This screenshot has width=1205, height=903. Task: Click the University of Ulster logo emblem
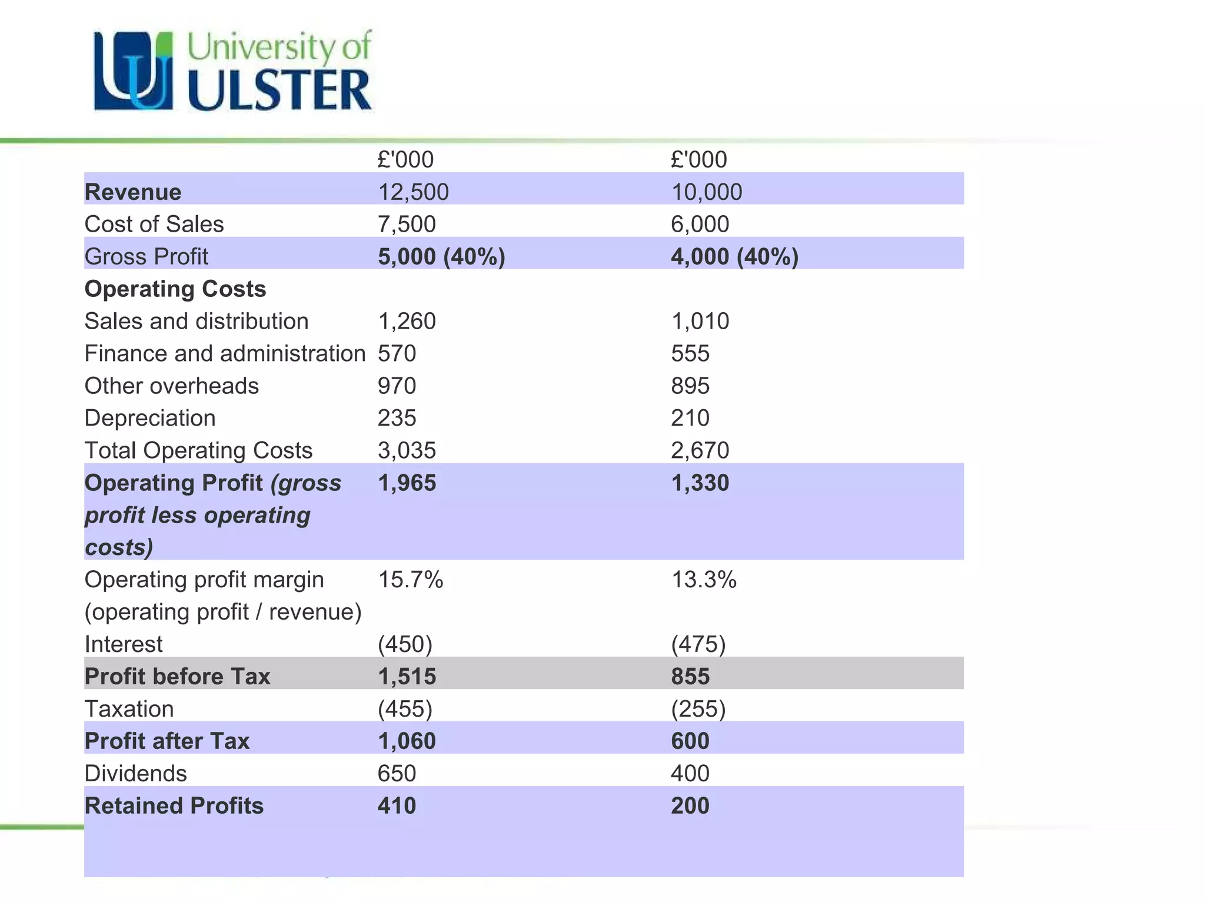tap(134, 71)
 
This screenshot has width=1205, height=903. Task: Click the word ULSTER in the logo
tap(279, 91)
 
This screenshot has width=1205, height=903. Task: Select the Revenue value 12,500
tap(413, 192)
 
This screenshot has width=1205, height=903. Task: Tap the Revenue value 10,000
tap(706, 192)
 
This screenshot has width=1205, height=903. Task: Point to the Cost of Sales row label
tap(154, 225)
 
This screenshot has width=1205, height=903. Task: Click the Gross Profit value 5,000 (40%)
tap(441, 257)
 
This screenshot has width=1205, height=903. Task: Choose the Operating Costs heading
tap(175, 289)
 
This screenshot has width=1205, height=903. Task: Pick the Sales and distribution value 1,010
tap(700, 322)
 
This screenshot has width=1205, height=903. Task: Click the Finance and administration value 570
tap(397, 354)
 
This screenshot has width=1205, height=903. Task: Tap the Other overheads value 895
tap(690, 386)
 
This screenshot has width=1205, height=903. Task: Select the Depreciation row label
tap(150, 419)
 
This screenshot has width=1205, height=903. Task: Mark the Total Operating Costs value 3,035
tap(407, 451)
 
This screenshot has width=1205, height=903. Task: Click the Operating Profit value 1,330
tap(700, 483)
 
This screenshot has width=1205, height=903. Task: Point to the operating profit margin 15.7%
tap(410, 580)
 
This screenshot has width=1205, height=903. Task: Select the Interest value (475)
tap(698, 644)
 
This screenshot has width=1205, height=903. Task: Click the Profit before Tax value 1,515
tap(407, 677)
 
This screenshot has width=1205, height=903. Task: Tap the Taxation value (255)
tap(698, 709)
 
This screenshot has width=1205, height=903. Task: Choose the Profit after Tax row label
tap(167, 741)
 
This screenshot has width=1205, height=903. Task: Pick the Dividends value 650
tap(397, 774)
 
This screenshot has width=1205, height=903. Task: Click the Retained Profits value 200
tap(690, 806)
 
